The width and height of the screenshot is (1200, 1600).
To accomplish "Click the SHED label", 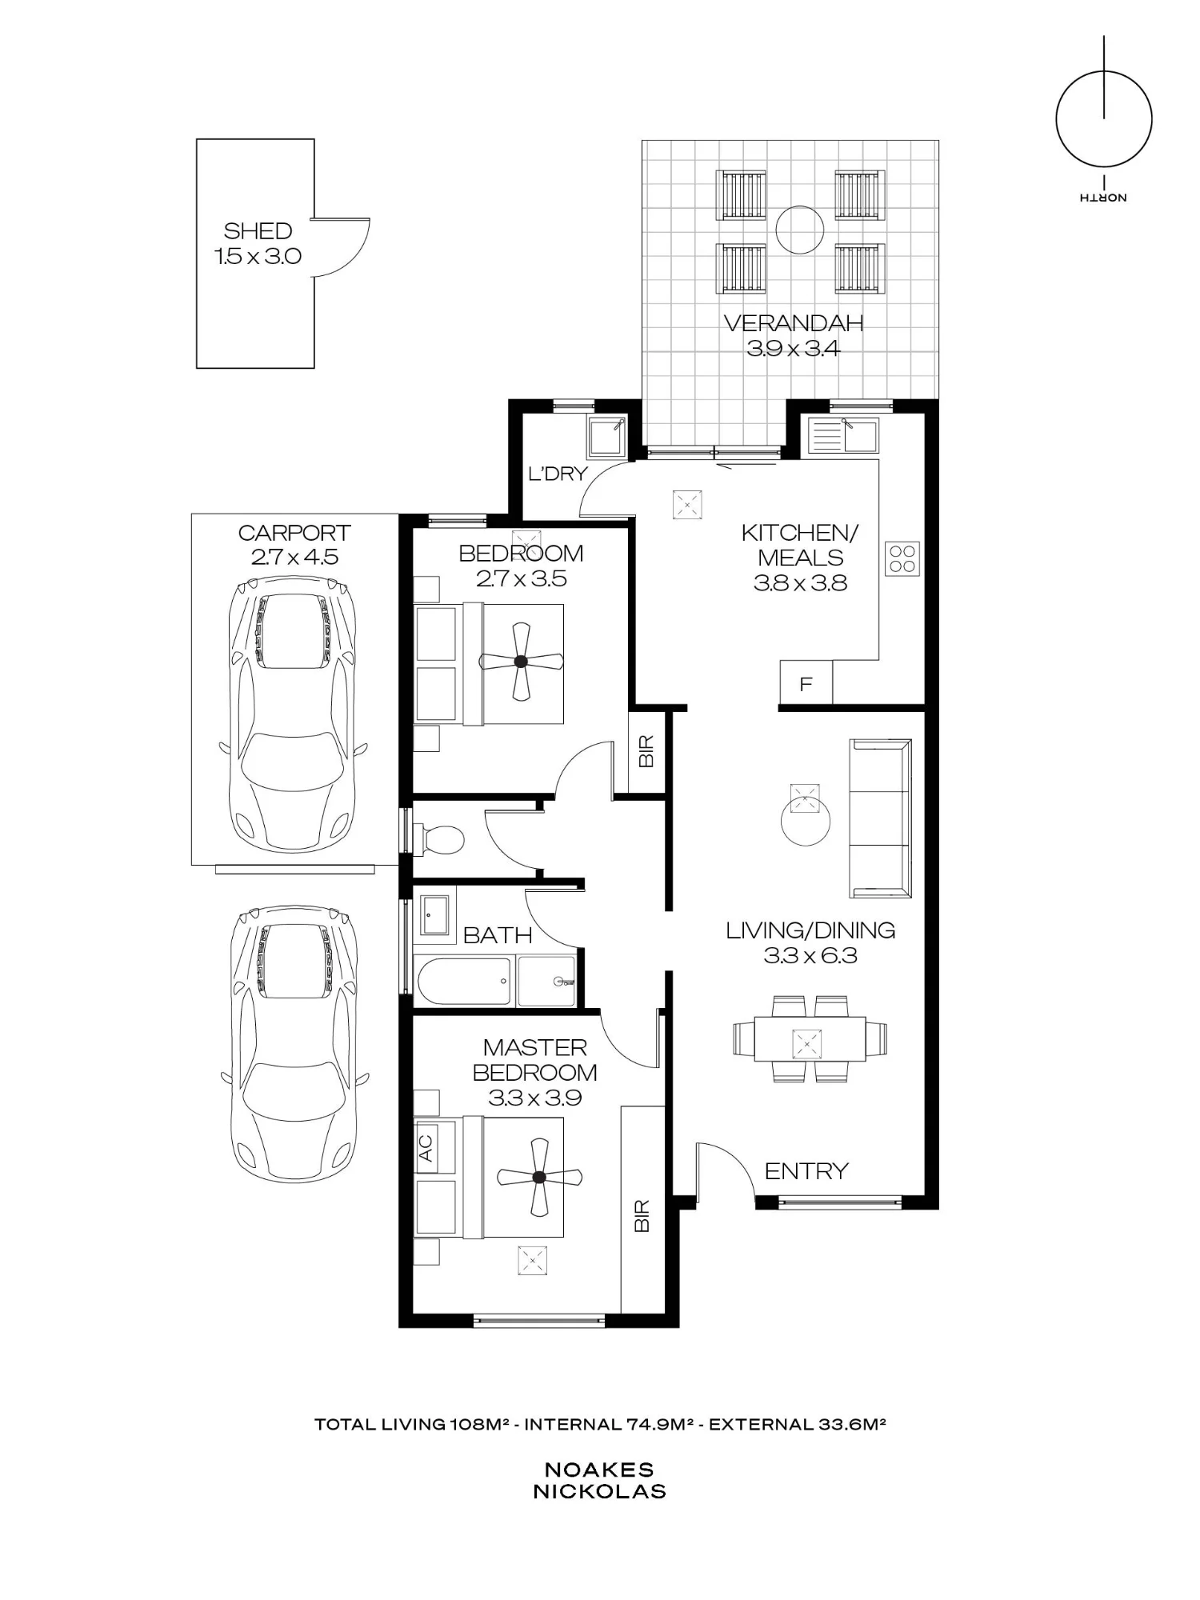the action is (x=258, y=231).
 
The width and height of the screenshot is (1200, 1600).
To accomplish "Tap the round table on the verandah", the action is (x=800, y=230).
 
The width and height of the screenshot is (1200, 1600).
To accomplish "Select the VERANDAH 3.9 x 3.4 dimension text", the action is (x=794, y=349).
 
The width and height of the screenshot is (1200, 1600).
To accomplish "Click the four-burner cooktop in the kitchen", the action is (x=902, y=558).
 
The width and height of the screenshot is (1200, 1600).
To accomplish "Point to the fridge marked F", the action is (x=806, y=683).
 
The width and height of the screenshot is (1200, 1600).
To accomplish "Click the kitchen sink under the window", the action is (x=843, y=437).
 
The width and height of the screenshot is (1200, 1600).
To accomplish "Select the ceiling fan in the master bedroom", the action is (x=539, y=1177).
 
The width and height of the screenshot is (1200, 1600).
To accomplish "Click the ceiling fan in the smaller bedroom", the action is (x=521, y=661).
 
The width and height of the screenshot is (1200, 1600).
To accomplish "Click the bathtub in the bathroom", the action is (x=463, y=982).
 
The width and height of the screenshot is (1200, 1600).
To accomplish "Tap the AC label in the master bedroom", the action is (x=426, y=1148).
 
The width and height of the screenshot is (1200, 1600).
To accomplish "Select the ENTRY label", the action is (x=806, y=1171).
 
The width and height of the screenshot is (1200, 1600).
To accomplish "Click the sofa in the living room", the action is (x=880, y=818).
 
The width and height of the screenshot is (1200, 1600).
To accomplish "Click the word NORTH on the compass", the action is (x=1102, y=197).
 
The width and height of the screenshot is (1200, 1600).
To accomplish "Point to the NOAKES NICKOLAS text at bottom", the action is (x=599, y=1480).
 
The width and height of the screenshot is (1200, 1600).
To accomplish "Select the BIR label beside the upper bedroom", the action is (x=647, y=751).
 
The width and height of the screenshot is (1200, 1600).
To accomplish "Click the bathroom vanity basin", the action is (x=435, y=914).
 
